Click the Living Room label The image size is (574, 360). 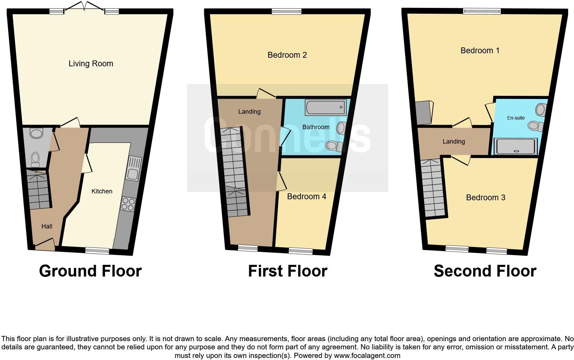pos(91,64)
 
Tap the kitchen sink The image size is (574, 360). pos(133,169)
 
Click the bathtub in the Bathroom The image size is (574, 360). pos(325,108)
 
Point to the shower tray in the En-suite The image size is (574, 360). pos(515,146)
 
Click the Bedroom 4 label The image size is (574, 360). pos(307,196)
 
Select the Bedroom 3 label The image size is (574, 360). pos(485,198)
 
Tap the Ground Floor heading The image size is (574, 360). pos(90,271)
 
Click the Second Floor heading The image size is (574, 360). pos(485,271)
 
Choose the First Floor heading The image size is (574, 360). pos(287,271)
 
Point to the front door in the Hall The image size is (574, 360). pos(45,244)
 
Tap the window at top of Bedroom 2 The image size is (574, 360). pos(287,12)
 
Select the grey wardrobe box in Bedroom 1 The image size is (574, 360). pos(423,113)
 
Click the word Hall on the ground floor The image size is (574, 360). pos(47,226)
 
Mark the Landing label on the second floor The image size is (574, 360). pos(454,142)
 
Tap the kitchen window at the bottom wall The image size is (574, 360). pos(97,251)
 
